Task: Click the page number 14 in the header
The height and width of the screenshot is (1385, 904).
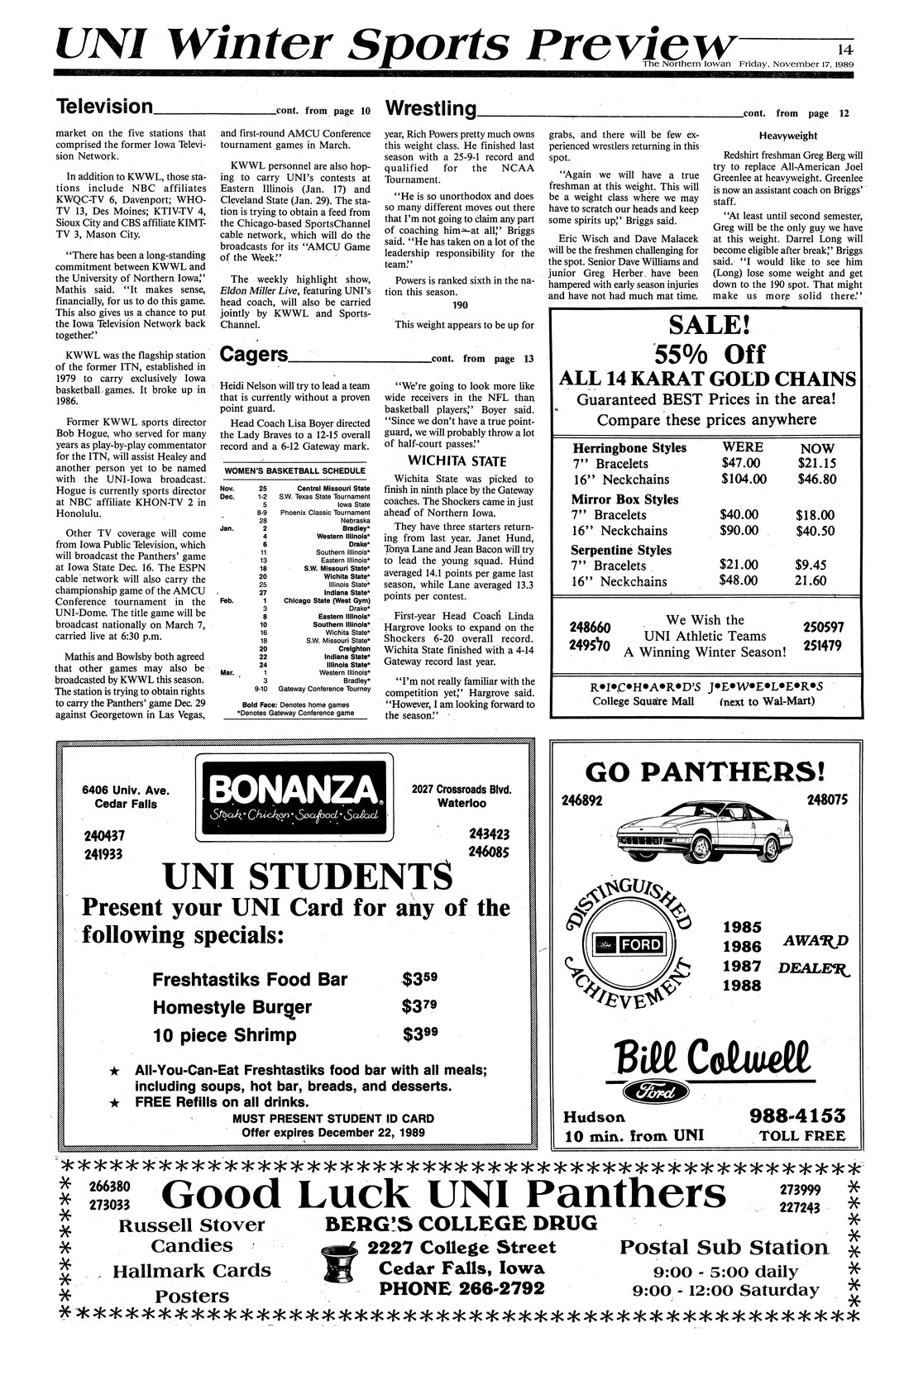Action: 844,47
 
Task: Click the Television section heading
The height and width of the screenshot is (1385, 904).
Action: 104,107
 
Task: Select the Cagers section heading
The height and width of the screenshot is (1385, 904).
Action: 255,356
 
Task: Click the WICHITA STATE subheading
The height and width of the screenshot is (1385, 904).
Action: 457,461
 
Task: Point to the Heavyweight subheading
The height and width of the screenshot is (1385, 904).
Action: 787,136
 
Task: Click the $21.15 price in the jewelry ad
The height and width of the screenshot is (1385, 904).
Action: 817,463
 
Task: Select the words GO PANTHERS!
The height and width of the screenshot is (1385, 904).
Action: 705,772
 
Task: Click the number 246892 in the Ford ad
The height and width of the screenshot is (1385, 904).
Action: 584,800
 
